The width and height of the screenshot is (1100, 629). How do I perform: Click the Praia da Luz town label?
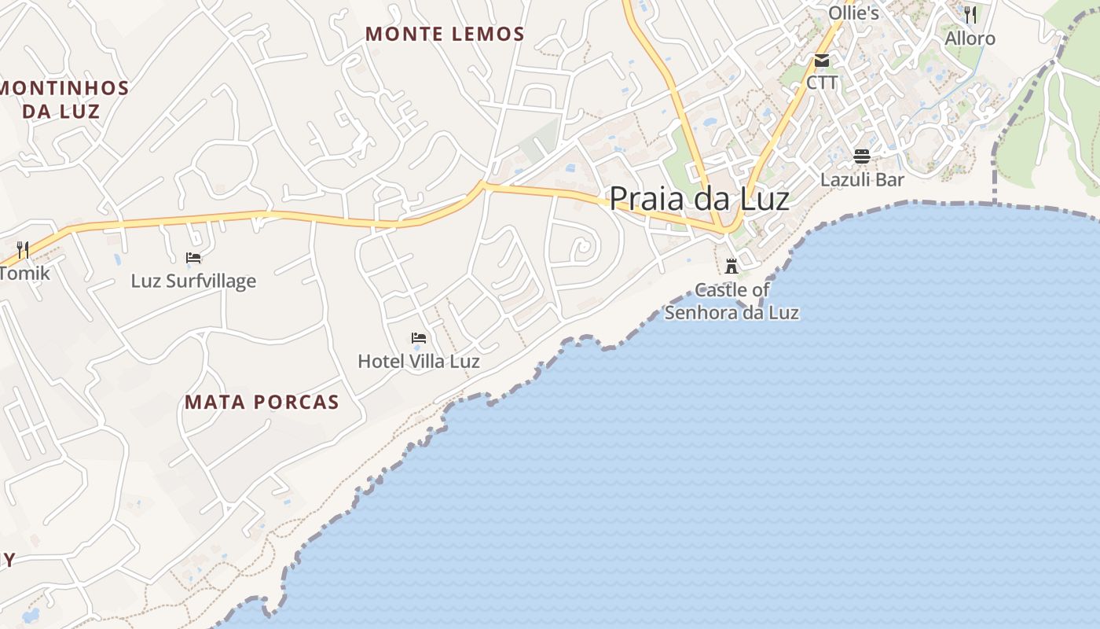(698, 198)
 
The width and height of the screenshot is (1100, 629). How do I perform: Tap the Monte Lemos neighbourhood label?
(445, 34)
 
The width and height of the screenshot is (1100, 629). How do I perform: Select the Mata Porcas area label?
(262, 403)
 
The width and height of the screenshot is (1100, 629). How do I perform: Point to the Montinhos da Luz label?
(62, 99)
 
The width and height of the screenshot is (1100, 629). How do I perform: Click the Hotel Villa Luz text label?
(419, 362)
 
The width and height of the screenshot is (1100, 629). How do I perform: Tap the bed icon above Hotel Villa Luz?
(419, 338)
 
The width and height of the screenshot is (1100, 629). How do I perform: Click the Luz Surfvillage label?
(193, 281)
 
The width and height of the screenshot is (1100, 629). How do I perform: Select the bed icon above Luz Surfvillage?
(193, 257)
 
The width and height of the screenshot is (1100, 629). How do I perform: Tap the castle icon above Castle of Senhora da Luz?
(731, 266)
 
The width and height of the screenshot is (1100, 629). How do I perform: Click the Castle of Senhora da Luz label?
(731, 301)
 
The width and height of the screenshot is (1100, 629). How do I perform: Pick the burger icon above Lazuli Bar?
(862, 156)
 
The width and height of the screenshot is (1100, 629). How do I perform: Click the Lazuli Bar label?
(862, 179)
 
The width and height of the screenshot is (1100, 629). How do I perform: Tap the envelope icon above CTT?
(822, 60)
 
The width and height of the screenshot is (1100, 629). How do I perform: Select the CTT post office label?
(822, 83)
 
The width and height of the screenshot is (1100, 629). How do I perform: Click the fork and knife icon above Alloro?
(970, 15)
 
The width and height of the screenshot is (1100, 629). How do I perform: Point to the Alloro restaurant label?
(970, 39)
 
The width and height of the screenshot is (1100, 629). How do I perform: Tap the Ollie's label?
(853, 13)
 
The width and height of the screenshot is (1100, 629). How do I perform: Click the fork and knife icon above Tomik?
(23, 250)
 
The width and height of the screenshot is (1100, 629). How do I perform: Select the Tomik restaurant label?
(24, 274)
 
